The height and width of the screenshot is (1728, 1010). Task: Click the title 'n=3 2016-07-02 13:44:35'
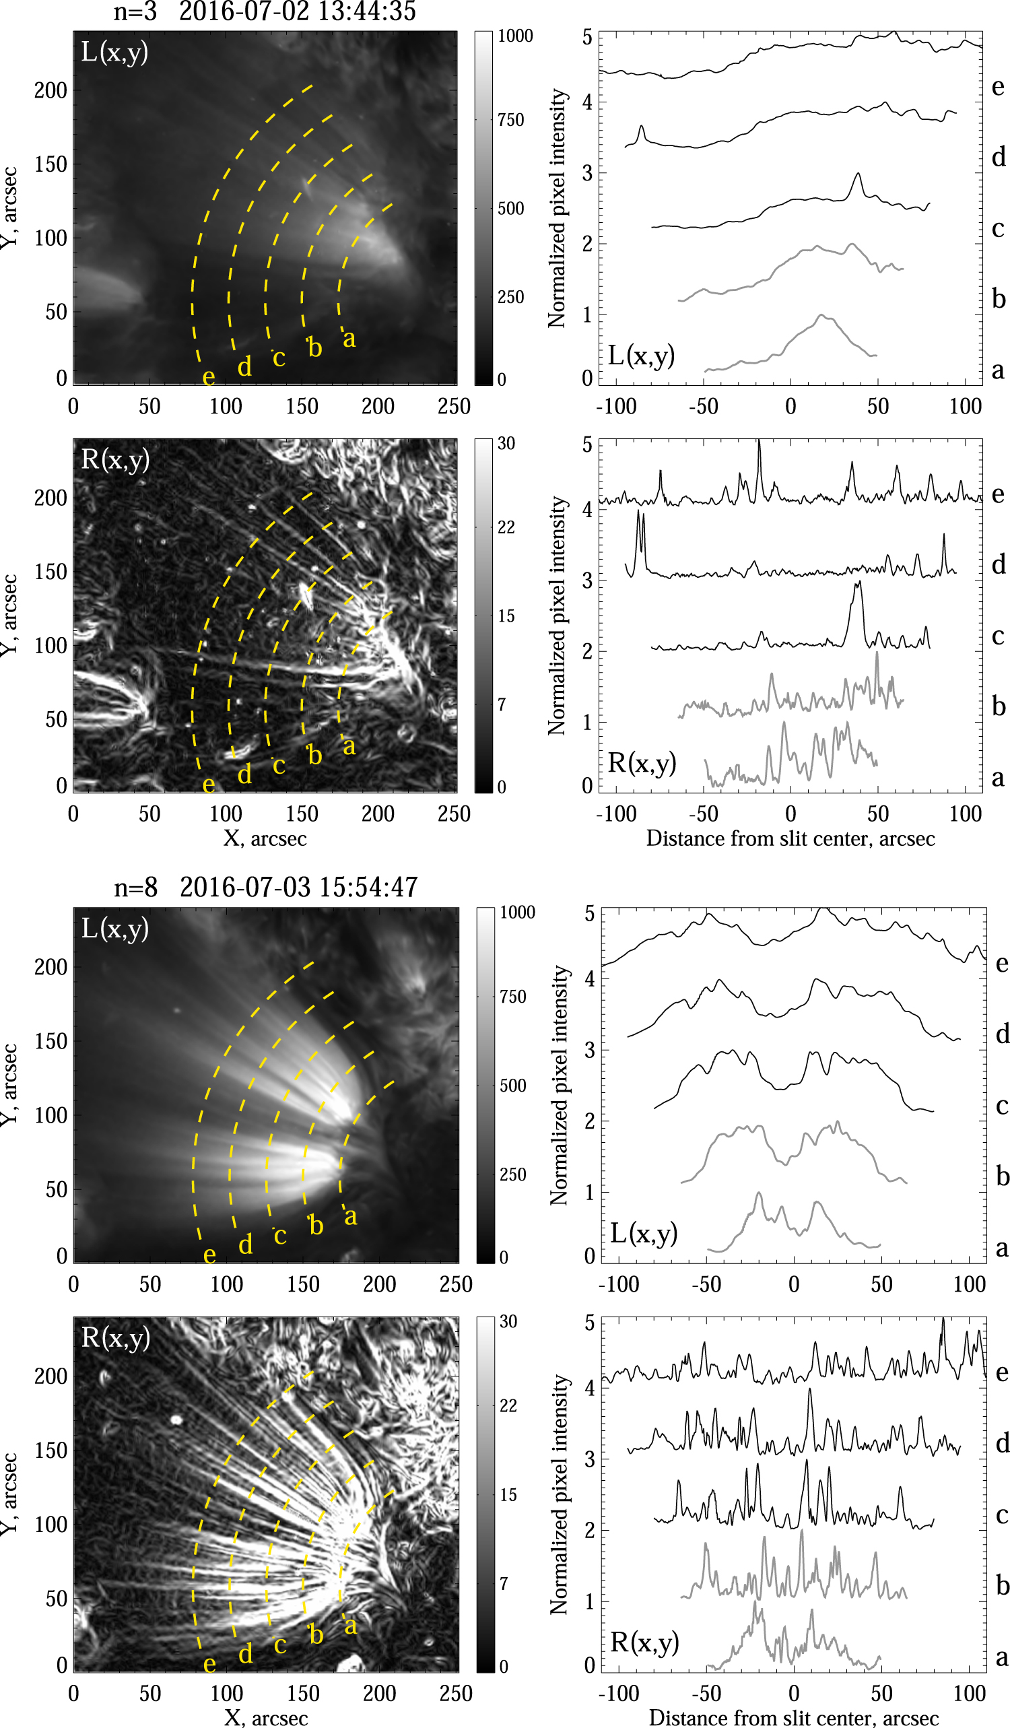pos(265,11)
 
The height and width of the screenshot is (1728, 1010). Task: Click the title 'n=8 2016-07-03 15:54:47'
pos(266,888)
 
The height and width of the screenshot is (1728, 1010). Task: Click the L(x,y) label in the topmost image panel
pos(114,53)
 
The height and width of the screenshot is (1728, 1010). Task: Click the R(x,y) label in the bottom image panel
pos(115,1338)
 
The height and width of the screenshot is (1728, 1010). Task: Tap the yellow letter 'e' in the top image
pos(209,376)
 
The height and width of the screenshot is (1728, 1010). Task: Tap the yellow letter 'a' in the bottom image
pos(350,1624)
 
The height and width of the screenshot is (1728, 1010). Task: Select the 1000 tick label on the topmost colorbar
pos(515,36)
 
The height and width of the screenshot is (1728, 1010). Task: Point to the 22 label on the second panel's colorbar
pos(506,527)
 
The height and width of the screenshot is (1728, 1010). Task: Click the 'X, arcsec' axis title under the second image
pos(265,838)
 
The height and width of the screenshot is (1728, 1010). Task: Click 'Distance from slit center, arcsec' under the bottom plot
pos(793,1718)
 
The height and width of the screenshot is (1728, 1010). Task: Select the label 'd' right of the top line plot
pos(999,157)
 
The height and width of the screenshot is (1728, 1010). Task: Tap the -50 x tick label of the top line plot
pos(704,407)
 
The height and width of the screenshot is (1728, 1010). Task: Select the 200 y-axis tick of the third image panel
pos(50,967)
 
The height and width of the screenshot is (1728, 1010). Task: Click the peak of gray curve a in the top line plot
pos(821,315)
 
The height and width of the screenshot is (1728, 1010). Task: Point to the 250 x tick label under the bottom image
pos(456,1694)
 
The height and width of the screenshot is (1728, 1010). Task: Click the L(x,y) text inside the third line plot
pos(644,1233)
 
